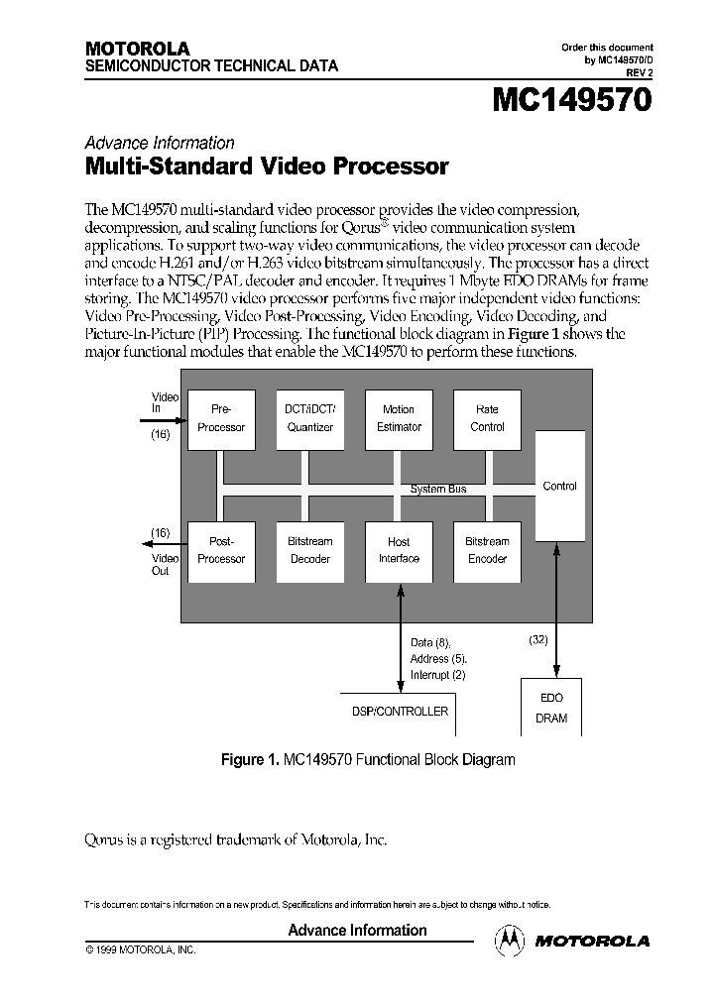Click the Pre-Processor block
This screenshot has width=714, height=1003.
coord(221,418)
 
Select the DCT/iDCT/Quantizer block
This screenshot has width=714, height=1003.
coord(309,418)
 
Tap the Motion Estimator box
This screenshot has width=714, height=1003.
coord(399,418)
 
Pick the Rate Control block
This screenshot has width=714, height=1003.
coord(487,418)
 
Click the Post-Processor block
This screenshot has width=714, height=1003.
coord(221,550)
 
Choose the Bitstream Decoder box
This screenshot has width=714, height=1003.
coord(309,550)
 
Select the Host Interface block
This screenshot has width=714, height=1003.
coord(399,550)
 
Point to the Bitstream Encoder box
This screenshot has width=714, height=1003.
coord(487,550)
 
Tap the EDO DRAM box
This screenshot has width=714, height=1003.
coord(551,708)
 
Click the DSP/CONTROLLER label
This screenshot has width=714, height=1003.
coord(400,711)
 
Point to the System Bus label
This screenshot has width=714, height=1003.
coord(438,489)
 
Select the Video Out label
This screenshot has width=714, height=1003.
coord(161,564)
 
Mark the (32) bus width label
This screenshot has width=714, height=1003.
coord(538,640)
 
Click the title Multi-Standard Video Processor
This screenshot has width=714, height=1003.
coord(267,167)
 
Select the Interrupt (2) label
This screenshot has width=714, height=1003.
coord(437,675)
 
